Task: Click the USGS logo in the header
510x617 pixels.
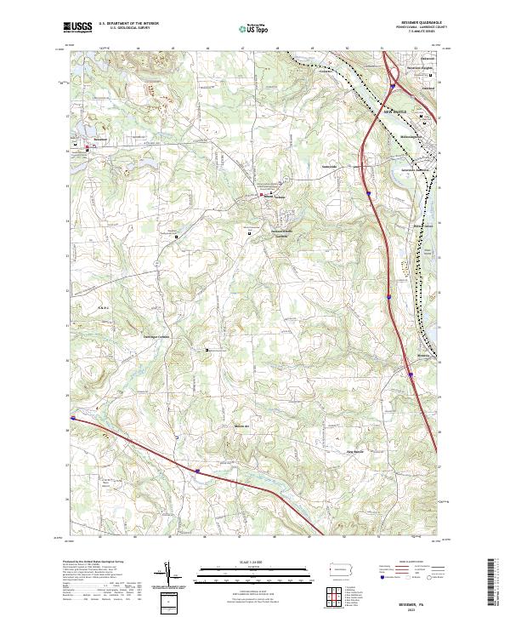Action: pos(78,27)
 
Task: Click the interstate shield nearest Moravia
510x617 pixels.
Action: pos(409,373)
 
